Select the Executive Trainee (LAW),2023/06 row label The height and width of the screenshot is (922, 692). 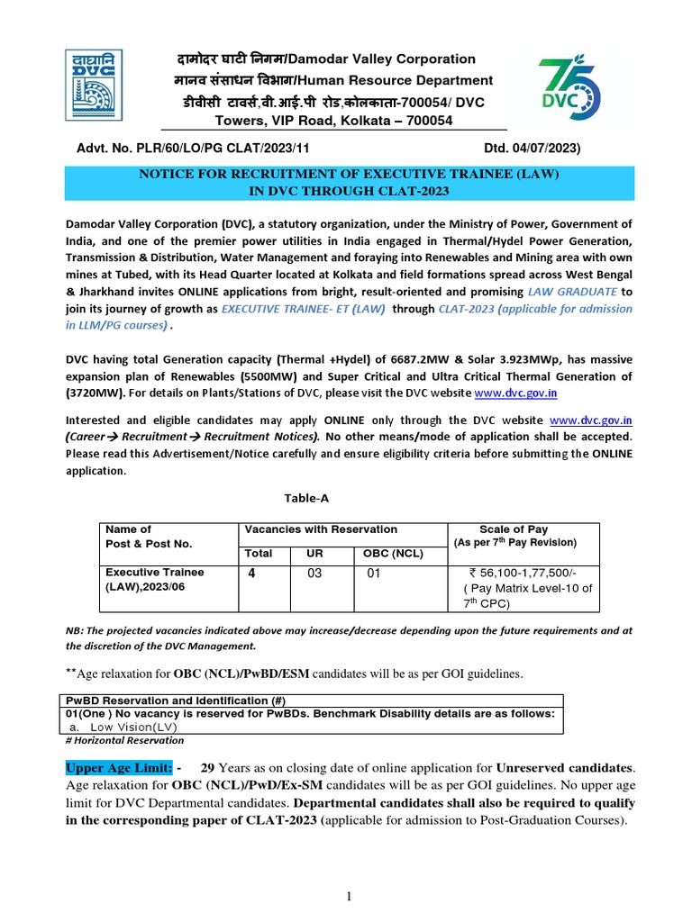pos(155,580)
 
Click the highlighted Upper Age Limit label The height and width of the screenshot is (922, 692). pos(120,767)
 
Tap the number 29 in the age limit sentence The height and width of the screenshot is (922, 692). pos(208,767)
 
